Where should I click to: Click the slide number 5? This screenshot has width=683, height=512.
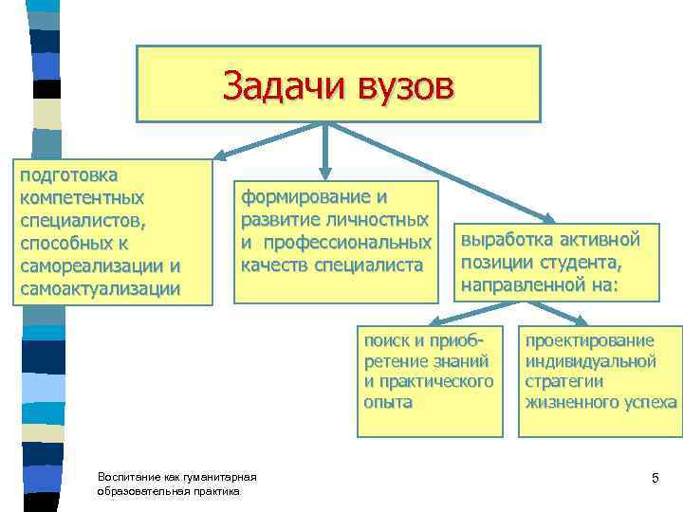click(x=655, y=476)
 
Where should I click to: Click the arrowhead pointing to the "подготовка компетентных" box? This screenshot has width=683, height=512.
click(x=218, y=155)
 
